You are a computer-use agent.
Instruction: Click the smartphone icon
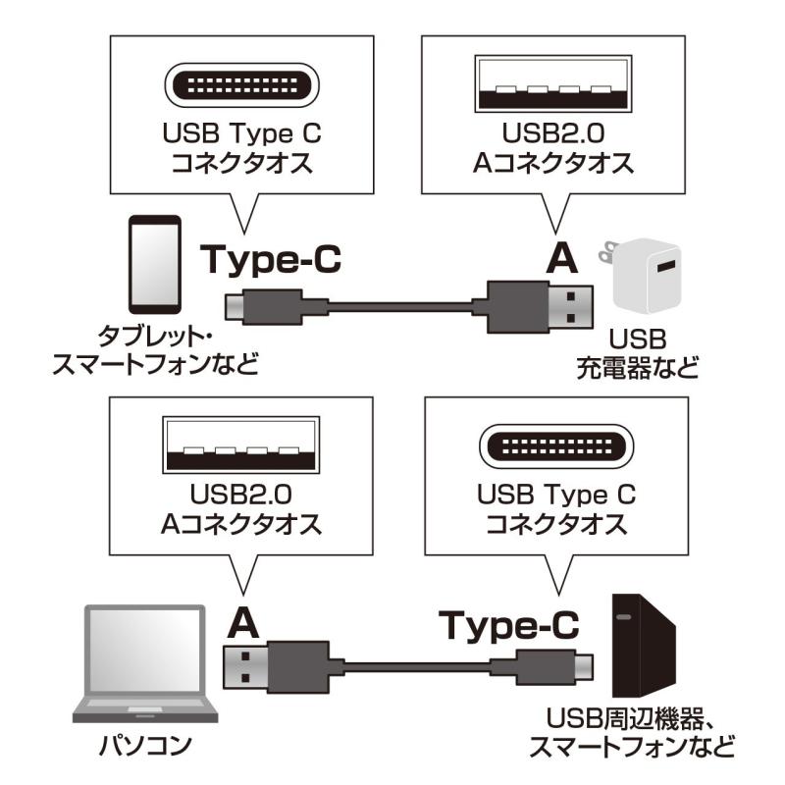(x=155, y=264)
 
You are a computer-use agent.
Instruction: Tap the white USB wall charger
(x=642, y=276)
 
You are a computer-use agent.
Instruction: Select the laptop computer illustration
(x=145, y=663)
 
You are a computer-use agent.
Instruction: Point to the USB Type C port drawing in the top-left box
(x=241, y=85)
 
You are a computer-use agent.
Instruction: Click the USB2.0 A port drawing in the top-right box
(x=553, y=83)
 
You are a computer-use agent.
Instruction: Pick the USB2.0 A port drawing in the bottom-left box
(x=241, y=445)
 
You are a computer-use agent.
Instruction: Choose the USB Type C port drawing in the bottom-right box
(x=556, y=446)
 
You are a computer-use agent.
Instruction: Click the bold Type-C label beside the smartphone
(x=271, y=260)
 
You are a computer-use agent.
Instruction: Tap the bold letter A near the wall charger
(x=562, y=258)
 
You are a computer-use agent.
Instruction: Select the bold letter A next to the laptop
(x=243, y=624)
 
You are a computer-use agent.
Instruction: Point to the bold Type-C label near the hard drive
(x=509, y=625)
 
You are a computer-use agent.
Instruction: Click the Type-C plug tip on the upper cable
(x=235, y=306)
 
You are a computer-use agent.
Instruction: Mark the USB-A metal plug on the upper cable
(x=571, y=307)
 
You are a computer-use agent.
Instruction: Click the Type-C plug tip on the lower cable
(x=583, y=667)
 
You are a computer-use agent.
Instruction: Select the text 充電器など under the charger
(x=637, y=368)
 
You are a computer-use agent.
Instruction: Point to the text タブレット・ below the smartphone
(x=155, y=337)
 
